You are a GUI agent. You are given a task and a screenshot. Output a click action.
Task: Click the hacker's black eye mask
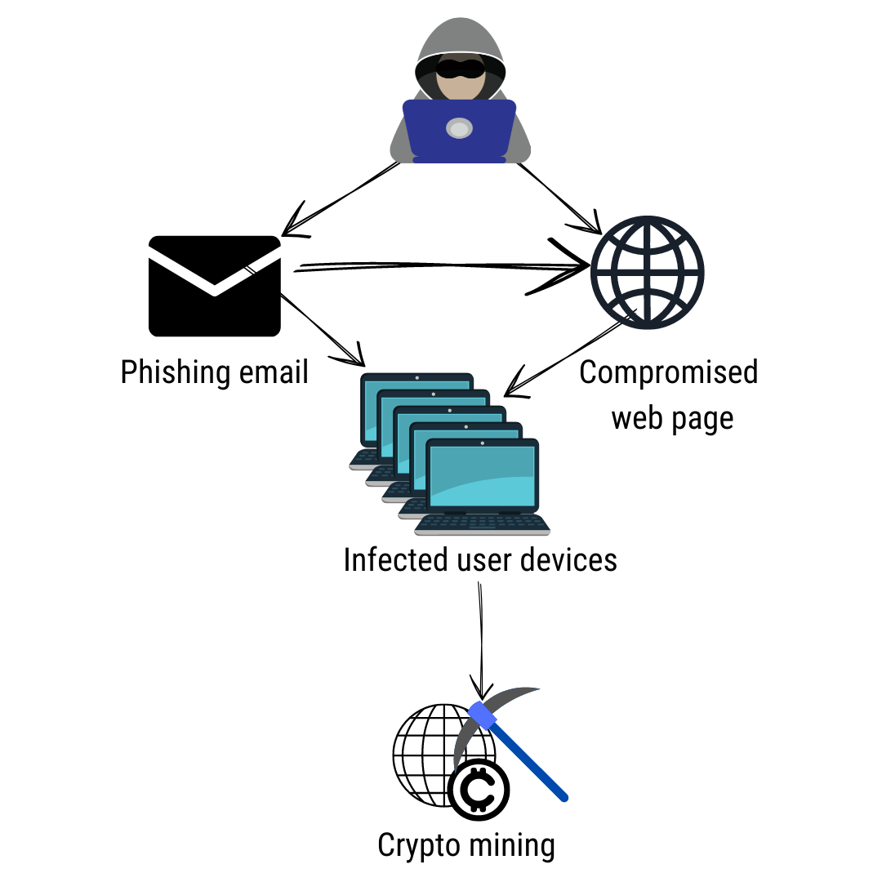point(460,68)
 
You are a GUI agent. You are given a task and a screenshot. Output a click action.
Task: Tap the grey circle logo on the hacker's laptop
point(459,128)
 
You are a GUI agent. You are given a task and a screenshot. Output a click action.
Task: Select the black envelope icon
point(214,286)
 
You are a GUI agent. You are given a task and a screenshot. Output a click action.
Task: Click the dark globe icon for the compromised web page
point(647,272)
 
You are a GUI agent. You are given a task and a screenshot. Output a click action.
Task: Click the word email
point(274,372)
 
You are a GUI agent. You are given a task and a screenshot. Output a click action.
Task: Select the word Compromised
point(669,372)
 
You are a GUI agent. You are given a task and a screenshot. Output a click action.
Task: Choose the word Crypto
point(418,845)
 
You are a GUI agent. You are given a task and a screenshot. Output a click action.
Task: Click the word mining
point(511,845)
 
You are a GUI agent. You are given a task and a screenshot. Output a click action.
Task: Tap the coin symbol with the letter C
point(479,789)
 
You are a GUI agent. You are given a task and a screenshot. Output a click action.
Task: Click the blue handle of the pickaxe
point(518,751)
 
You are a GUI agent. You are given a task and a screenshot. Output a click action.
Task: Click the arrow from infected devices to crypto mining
point(481,641)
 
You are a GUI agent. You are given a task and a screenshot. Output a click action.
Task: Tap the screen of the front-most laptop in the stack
point(482,476)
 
